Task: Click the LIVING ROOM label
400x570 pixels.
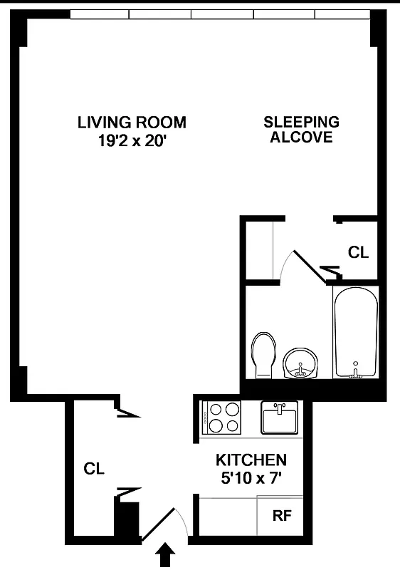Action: point(132,123)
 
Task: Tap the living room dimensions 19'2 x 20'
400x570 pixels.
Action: point(132,140)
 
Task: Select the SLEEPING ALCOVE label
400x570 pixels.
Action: point(301,129)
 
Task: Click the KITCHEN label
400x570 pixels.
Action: point(252,460)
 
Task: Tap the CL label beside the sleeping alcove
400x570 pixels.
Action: point(358,252)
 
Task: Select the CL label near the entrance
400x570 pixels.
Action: point(94,469)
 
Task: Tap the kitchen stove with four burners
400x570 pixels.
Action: point(223,418)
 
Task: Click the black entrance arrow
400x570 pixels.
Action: point(165,555)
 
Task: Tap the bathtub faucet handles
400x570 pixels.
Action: point(355,372)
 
